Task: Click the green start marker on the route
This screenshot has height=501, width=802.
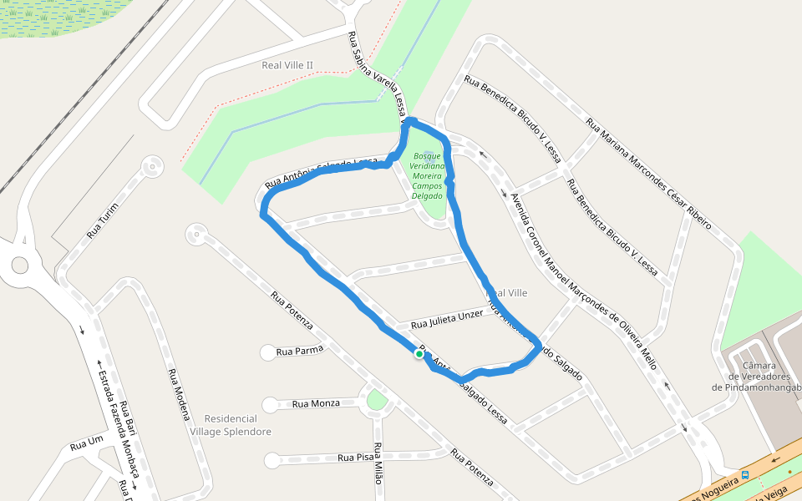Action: [x=419, y=354]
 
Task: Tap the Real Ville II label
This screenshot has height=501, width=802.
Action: [x=287, y=65]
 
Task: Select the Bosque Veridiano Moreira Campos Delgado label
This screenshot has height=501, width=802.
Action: [x=427, y=175]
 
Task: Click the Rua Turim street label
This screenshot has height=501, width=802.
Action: [x=103, y=220]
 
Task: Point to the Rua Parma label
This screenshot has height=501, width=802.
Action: [x=299, y=351]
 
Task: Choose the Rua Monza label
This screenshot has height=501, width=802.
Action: [x=316, y=403]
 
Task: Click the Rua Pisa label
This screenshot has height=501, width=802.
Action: [x=356, y=457]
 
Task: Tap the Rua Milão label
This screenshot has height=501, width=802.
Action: [x=378, y=464]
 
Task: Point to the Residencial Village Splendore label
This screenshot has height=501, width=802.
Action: [x=231, y=425]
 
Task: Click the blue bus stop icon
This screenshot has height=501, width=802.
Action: [x=745, y=474]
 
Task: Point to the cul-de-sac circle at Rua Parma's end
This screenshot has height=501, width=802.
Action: [x=268, y=352]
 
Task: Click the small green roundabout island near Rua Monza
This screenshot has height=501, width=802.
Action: [x=377, y=400]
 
